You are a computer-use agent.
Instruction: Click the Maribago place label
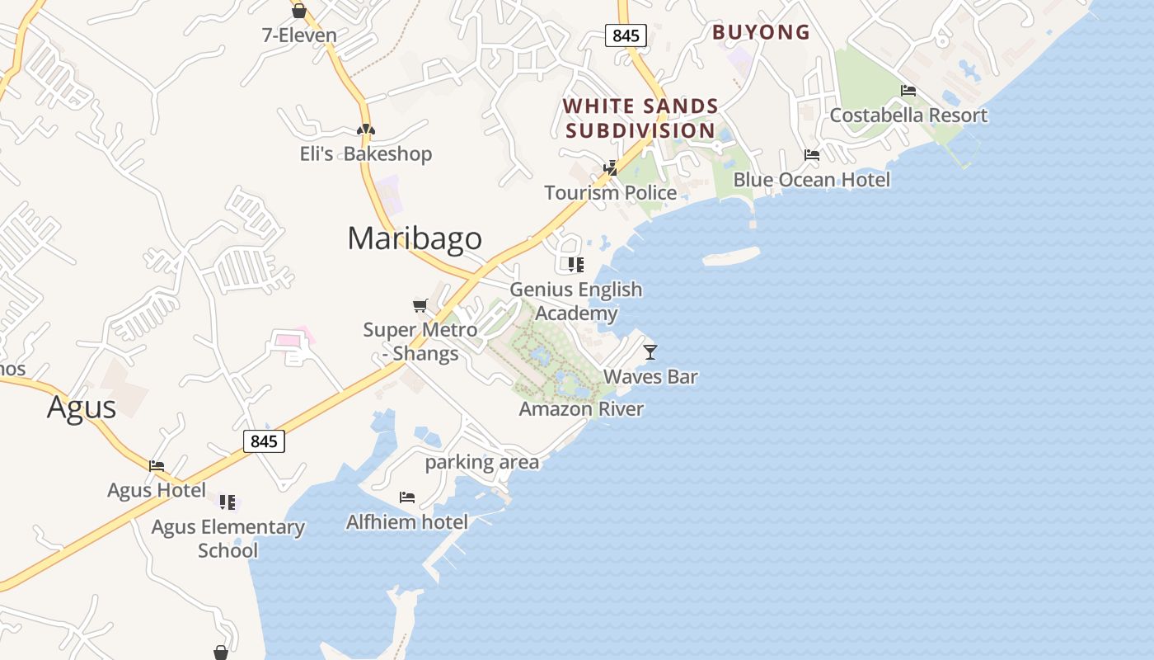tap(415, 238)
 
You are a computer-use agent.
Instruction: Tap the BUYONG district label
tap(761, 32)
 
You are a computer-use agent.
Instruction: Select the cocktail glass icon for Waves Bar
tap(650, 352)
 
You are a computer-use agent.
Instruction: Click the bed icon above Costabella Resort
tap(908, 91)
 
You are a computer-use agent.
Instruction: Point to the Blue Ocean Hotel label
tap(812, 180)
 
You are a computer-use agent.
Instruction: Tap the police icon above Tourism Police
tap(611, 168)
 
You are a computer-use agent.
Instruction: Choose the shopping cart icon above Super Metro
tap(420, 306)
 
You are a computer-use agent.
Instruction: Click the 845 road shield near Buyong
tap(626, 35)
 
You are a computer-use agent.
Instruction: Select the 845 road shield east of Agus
tap(264, 441)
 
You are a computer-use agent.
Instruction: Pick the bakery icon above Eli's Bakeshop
tap(366, 130)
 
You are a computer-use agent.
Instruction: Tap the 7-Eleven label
tap(299, 35)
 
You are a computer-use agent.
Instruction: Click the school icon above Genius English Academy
tap(575, 265)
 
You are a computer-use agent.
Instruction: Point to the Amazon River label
tap(581, 409)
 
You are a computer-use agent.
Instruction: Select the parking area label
tap(482, 462)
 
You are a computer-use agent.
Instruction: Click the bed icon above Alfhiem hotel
tap(407, 497)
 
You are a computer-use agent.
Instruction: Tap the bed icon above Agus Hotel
tap(157, 466)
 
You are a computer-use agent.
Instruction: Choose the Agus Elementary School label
tap(228, 539)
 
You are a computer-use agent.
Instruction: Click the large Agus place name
tap(82, 408)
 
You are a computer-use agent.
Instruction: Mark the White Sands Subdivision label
tap(641, 118)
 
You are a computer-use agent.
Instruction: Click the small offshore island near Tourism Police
tap(731, 257)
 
